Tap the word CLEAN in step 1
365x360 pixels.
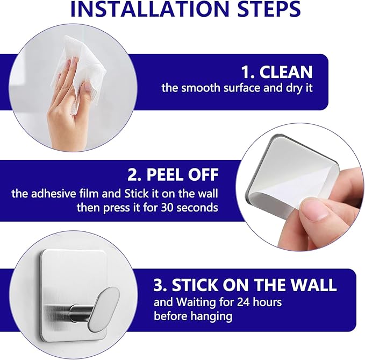pyautogui.click(x=286, y=72)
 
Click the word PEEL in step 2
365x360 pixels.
pyautogui.click(x=165, y=174)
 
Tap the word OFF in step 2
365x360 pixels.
pyautogui.click(x=203, y=174)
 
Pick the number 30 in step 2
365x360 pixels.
pyautogui.click(x=167, y=208)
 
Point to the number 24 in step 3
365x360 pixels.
pyautogui.click(x=244, y=302)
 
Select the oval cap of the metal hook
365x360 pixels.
pyautogui.click(x=103, y=309)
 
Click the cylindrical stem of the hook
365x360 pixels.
pyautogui.click(x=80, y=312)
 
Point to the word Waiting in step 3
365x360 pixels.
pyautogui.click(x=196, y=302)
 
